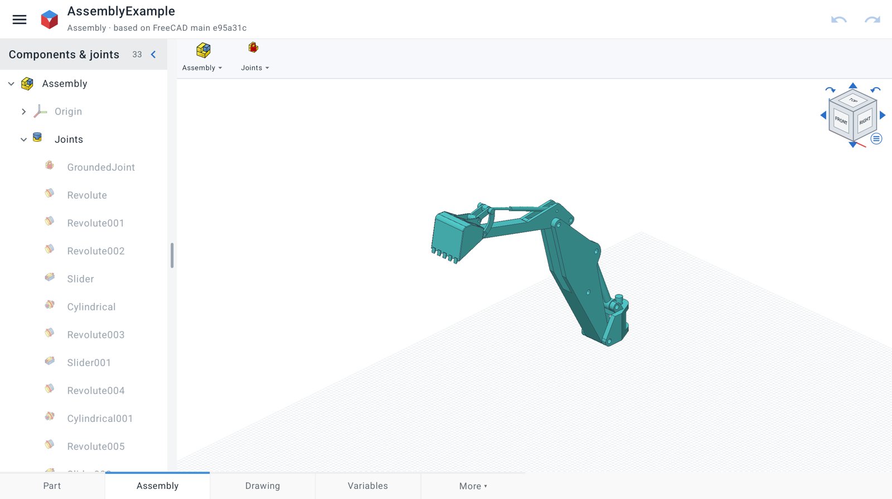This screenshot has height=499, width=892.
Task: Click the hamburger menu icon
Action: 19,19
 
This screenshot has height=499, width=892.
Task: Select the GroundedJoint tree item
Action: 101,167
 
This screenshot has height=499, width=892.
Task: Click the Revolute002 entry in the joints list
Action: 95,251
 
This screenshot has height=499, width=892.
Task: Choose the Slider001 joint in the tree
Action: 89,363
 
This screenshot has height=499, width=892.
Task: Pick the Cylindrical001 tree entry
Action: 100,419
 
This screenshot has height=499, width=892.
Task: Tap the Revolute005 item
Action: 95,447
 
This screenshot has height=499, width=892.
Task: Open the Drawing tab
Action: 263,486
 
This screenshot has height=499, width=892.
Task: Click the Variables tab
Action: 367,486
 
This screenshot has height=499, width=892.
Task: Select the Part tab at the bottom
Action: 52,486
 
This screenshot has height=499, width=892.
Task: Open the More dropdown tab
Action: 473,486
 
